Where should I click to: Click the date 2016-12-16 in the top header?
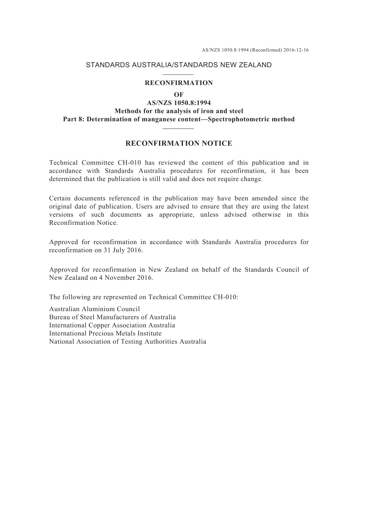tap(296, 50)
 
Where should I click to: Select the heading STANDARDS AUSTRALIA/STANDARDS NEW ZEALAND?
tap(179, 65)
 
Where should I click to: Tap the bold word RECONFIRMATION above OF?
tap(179, 83)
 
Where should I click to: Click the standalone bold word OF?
tap(179, 95)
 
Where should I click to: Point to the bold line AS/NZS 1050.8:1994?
tap(179, 103)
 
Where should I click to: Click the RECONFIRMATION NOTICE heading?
tap(179, 143)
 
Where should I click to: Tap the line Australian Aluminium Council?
tap(94, 309)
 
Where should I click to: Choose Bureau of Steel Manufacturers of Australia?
tap(112, 317)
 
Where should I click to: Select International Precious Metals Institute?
tap(105, 334)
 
